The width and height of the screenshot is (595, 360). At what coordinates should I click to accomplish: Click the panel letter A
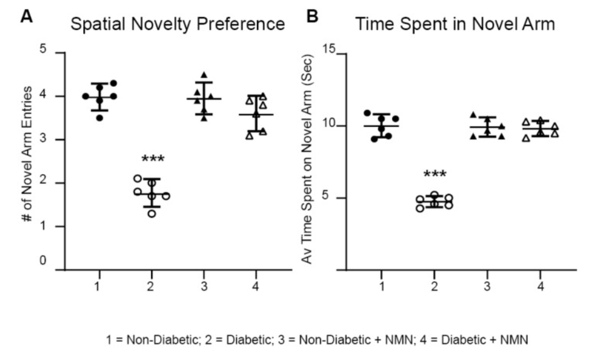click(26, 17)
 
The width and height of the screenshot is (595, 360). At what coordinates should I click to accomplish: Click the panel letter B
click(312, 17)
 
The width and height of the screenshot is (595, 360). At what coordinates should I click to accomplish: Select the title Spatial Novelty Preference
click(177, 24)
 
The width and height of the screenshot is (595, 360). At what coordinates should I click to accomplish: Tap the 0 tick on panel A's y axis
click(43, 261)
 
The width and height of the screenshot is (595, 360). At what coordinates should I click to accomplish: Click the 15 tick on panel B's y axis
click(331, 51)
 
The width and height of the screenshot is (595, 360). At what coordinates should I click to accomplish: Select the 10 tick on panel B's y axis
click(331, 125)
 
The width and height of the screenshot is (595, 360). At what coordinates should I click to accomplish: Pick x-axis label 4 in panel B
click(541, 285)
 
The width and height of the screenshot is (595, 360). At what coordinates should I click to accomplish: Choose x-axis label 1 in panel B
click(382, 285)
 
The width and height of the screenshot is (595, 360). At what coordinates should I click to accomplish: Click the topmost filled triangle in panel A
click(204, 75)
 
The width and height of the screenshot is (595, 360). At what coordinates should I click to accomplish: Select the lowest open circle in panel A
click(152, 213)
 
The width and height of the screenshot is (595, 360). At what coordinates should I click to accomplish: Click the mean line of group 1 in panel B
click(381, 126)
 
